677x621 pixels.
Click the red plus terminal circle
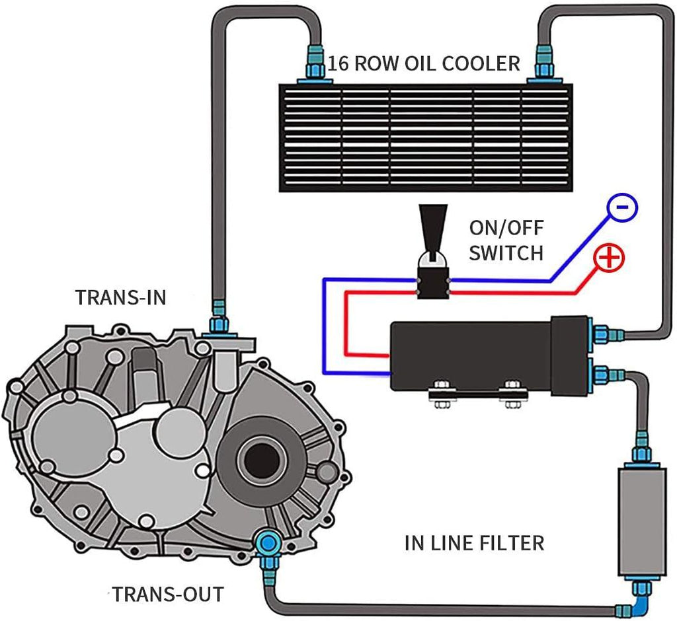pyautogui.click(x=609, y=258)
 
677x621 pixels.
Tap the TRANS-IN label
pyautogui.click(x=121, y=297)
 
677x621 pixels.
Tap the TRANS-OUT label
pyautogui.click(x=167, y=593)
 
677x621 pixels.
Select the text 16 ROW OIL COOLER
pyautogui.click(x=424, y=63)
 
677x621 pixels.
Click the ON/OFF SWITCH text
pyautogui.click(x=506, y=240)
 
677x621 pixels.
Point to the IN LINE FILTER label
pyautogui.click(x=474, y=543)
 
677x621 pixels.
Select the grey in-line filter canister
pyautogui.click(x=635, y=521)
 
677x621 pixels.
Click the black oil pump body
pyautogui.click(x=473, y=355)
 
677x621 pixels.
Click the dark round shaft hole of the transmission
pyautogui.click(x=260, y=458)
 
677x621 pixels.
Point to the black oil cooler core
pyautogui.click(x=424, y=137)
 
